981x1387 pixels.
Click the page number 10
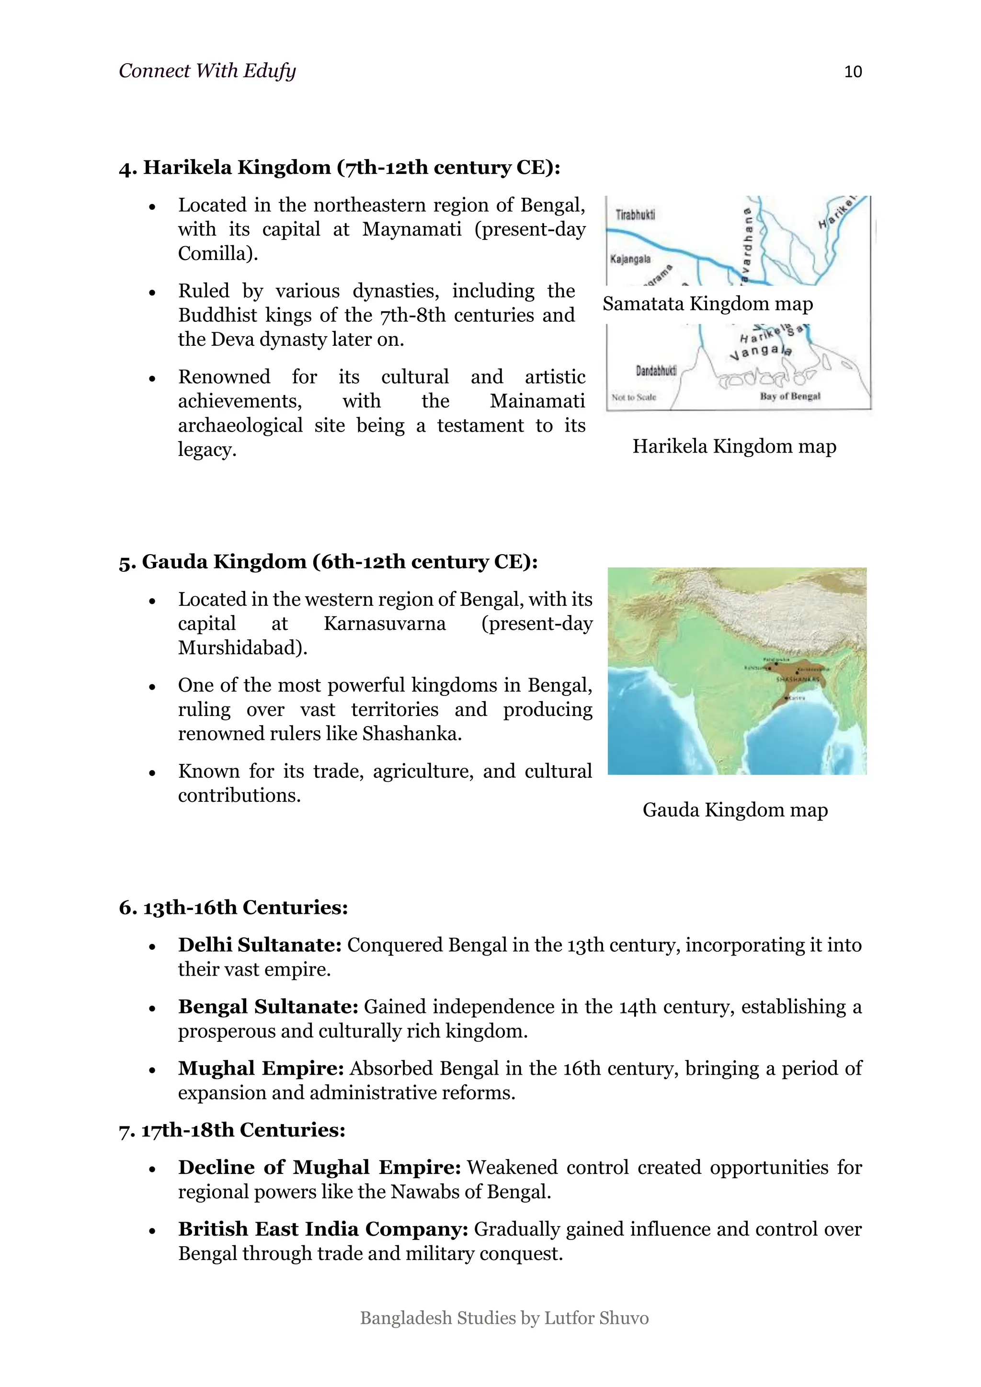(852, 72)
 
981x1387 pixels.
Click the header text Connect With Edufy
(207, 71)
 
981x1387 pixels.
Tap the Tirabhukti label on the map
(635, 215)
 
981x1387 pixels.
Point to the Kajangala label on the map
(630, 259)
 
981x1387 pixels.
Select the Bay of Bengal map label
(789, 396)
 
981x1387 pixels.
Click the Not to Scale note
(633, 397)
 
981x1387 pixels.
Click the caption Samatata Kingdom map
(707, 303)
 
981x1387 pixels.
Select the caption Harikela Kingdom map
(734, 446)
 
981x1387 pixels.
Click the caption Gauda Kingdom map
(734, 809)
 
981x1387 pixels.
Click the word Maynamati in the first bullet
(411, 229)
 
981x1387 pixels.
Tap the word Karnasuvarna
(385, 624)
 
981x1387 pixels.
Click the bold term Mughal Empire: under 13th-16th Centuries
(261, 1068)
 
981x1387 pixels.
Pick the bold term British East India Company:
(323, 1229)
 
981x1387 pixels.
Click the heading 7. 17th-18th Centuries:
(232, 1130)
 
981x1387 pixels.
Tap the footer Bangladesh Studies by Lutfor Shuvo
(504, 1318)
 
